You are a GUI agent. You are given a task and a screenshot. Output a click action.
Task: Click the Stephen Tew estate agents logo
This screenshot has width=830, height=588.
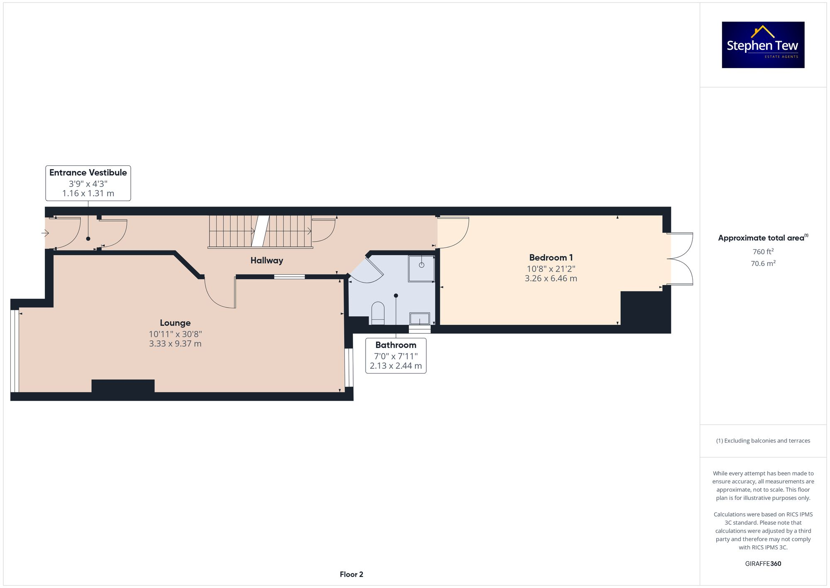(763, 45)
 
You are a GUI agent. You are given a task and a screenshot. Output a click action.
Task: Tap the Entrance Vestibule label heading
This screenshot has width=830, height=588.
(88, 172)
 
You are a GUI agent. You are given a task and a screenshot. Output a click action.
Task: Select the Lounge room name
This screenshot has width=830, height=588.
(175, 323)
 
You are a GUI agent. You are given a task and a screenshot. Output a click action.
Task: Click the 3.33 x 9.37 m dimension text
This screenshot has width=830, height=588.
(175, 344)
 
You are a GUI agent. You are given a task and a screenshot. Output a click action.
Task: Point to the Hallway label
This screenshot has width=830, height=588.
(267, 261)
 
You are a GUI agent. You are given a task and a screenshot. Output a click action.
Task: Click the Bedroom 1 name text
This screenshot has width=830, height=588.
(551, 258)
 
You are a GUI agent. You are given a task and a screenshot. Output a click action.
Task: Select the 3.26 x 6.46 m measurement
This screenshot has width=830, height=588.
(551, 278)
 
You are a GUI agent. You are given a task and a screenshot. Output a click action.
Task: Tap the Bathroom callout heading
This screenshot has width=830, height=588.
(395, 345)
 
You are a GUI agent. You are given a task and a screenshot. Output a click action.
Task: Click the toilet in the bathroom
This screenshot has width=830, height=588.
(378, 312)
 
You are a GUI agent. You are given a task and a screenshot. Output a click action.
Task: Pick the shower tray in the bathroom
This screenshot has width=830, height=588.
(421, 268)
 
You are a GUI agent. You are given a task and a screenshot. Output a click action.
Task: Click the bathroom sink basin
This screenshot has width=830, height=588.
(420, 319)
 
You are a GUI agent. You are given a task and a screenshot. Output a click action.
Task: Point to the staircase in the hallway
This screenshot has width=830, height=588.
(260, 231)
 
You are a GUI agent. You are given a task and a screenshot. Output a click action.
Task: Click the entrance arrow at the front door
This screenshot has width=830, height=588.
(45, 234)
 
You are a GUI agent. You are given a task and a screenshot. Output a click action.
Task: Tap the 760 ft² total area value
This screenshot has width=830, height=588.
(763, 252)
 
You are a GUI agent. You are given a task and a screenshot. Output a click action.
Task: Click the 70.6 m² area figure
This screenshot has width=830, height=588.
(763, 263)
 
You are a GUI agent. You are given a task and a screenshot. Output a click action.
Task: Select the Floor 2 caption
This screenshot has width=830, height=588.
(351, 574)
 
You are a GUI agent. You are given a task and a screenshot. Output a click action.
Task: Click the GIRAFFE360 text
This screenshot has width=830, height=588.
(763, 563)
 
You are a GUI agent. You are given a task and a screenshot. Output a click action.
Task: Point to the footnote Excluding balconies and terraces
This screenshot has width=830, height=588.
(763, 440)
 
